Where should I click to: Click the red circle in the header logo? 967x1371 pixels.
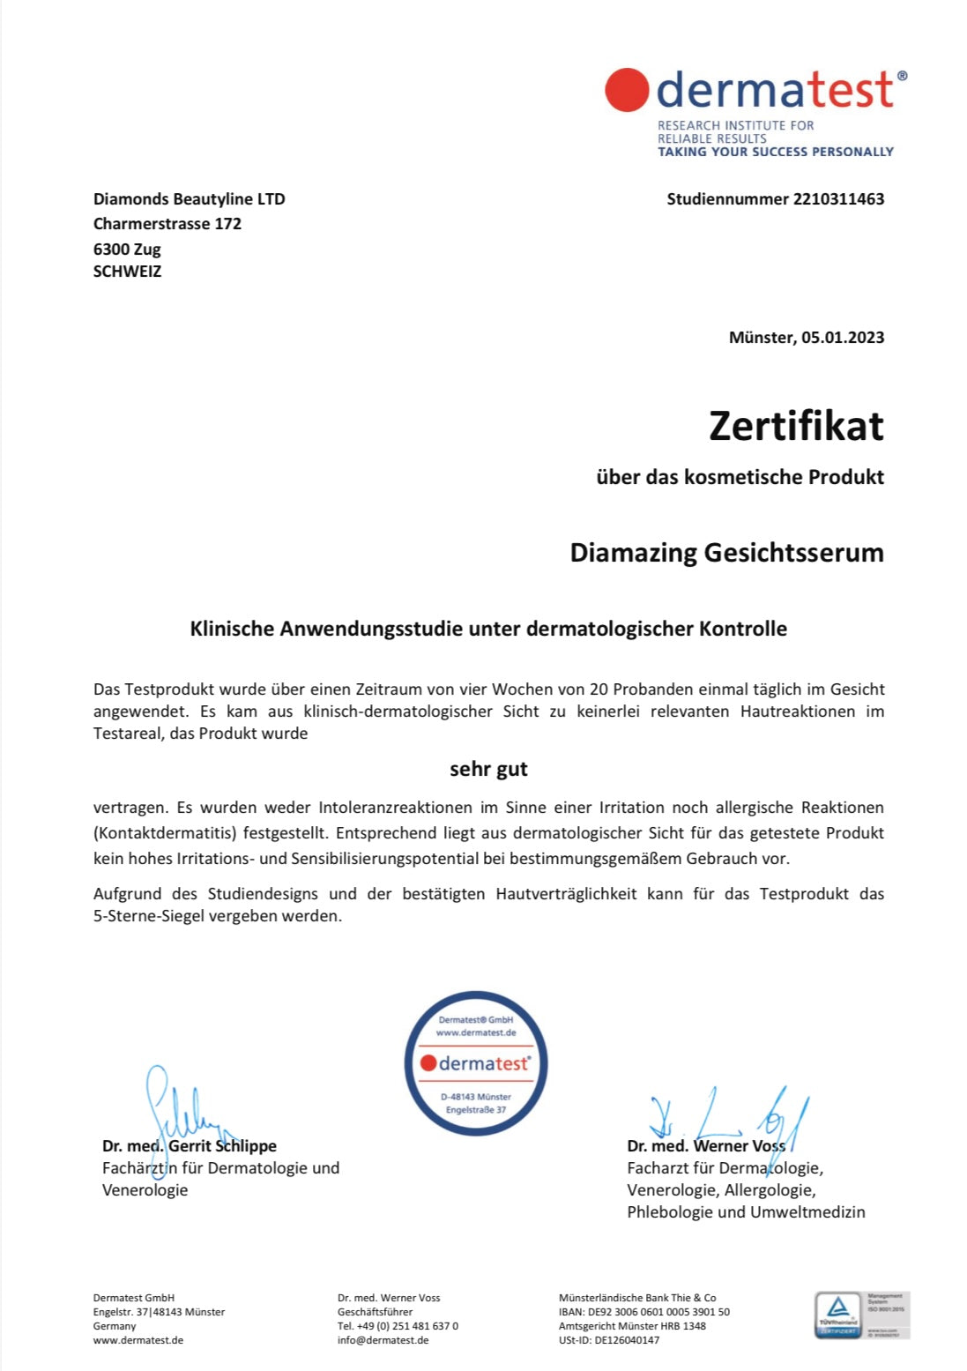[x=627, y=90]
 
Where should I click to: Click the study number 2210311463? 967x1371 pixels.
[x=838, y=199]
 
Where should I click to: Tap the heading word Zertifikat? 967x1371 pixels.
[x=796, y=426]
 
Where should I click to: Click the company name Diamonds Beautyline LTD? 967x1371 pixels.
[x=190, y=199]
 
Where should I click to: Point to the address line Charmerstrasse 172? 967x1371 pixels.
[x=167, y=224]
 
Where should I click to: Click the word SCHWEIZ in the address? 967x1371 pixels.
[x=128, y=272]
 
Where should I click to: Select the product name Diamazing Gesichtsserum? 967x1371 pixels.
[x=726, y=553]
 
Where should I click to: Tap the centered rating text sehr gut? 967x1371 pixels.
[x=488, y=769]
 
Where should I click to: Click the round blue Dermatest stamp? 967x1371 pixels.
[x=476, y=1062]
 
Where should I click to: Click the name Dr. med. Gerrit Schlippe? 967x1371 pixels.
[x=190, y=1146]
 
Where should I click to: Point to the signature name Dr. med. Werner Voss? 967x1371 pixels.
[x=705, y=1146]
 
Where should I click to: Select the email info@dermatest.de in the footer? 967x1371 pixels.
[x=383, y=1340]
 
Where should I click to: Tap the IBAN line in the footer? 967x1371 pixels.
[x=643, y=1312]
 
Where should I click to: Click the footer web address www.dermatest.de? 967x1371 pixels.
[x=138, y=1340]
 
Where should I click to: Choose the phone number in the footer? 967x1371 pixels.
[x=398, y=1326]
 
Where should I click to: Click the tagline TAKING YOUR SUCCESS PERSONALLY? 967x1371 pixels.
[x=775, y=152]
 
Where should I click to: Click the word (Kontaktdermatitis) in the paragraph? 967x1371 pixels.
[x=165, y=833]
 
